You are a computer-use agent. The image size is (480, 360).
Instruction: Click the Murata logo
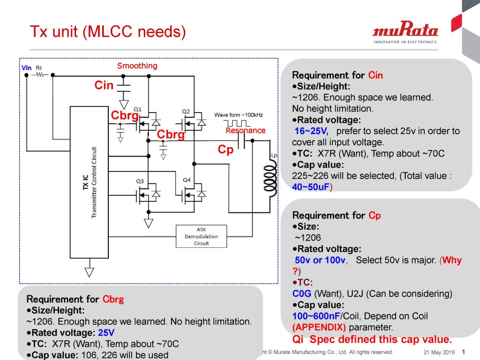tap(405, 33)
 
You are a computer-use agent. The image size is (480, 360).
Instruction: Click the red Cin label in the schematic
tap(104, 85)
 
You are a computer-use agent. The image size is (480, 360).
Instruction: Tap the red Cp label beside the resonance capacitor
tap(225, 150)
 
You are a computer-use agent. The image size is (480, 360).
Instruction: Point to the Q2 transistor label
tap(186, 111)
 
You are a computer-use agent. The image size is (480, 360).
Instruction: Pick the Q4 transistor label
tap(187, 180)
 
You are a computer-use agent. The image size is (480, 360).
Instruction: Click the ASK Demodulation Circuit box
tap(201, 236)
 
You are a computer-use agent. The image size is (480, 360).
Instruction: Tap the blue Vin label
tap(27, 68)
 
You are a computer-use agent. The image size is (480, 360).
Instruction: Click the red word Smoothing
tap(137, 66)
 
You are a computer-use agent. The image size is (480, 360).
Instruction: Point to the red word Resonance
tap(246, 130)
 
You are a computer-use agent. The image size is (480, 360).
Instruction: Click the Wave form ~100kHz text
tap(238, 115)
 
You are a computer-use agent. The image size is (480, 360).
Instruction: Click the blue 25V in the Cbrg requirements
tap(106, 333)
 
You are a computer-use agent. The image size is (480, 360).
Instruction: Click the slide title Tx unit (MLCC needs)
tap(108, 32)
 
